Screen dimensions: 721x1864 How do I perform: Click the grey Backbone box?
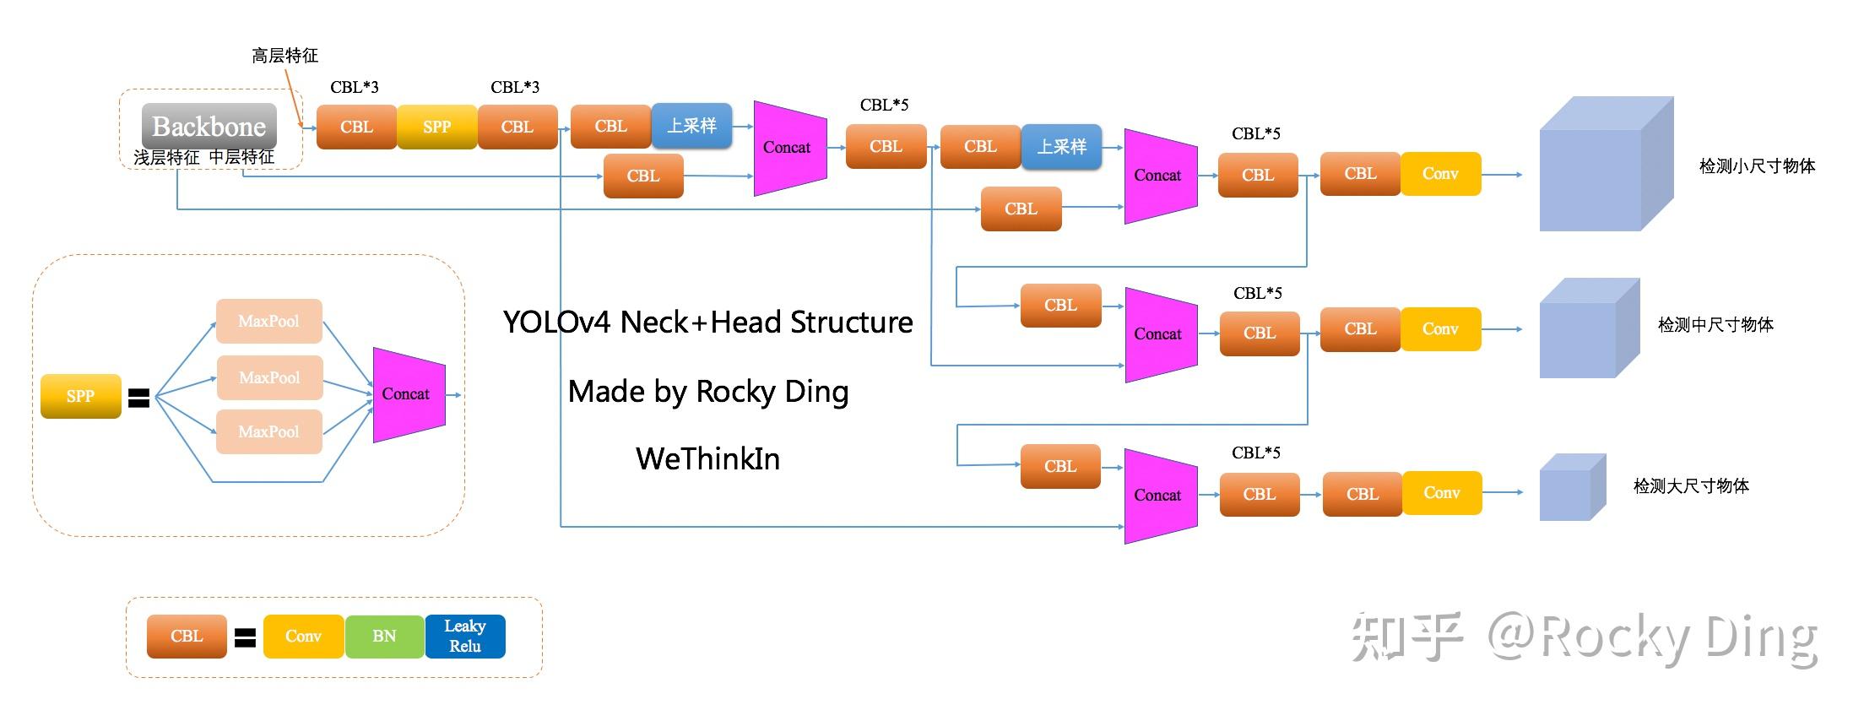(x=209, y=127)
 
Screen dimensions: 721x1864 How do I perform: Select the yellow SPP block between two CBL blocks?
(x=436, y=127)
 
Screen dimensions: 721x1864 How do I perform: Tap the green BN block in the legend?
(x=384, y=636)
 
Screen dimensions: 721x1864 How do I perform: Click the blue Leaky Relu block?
(x=465, y=636)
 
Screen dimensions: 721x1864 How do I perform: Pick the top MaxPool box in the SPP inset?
(x=268, y=321)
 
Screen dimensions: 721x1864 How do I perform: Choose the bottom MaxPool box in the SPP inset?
(x=268, y=431)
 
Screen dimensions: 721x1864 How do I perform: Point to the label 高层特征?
(x=284, y=56)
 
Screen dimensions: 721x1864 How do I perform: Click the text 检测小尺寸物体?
(x=1757, y=166)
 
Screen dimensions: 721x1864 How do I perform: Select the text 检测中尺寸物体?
(x=1715, y=325)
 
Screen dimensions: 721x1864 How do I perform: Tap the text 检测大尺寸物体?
(x=1691, y=486)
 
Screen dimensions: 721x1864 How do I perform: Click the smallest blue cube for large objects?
(x=1571, y=488)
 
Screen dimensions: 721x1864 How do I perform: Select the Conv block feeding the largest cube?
(x=1440, y=174)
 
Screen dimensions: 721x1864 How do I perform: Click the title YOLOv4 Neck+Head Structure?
(x=707, y=323)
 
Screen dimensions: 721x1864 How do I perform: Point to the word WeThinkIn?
(x=707, y=459)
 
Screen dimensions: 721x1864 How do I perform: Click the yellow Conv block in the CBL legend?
(x=303, y=636)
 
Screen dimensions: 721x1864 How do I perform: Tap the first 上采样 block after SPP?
(x=691, y=126)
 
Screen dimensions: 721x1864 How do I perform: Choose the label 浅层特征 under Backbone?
(x=166, y=158)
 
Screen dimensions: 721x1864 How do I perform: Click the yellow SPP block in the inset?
(x=80, y=396)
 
